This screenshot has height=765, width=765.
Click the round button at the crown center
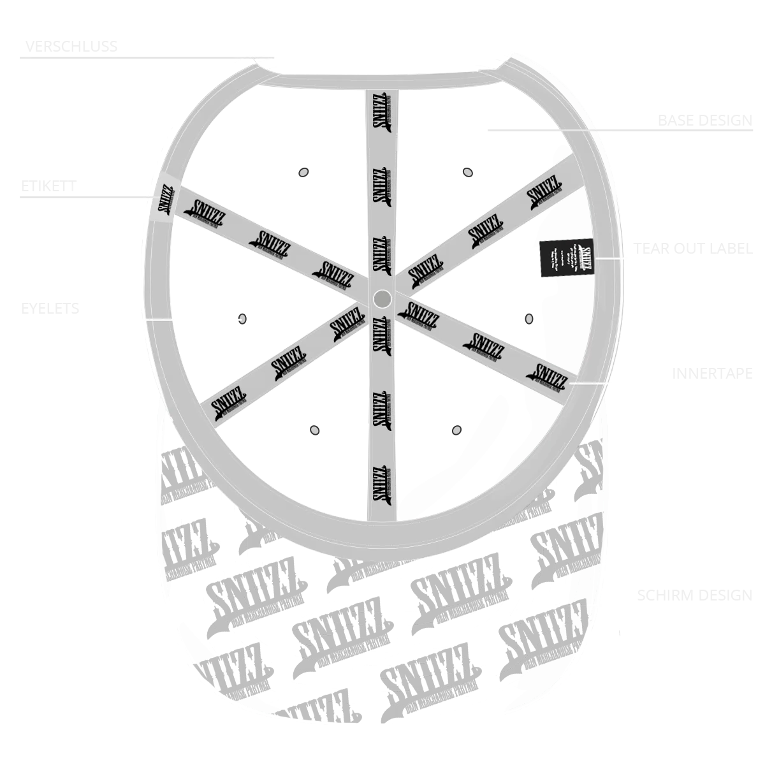click(x=381, y=297)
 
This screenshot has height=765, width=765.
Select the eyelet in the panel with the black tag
click(x=528, y=319)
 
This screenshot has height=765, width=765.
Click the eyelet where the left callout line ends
click(x=242, y=317)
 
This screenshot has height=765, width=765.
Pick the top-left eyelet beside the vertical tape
click(x=303, y=171)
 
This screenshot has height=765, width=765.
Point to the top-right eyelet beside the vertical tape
click(x=469, y=171)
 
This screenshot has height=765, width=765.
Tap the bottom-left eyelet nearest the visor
click(x=314, y=431)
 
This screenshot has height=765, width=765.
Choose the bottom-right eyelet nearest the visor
click(x=456, y=431)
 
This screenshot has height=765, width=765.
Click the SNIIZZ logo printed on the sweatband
click(x=164, y=200)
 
